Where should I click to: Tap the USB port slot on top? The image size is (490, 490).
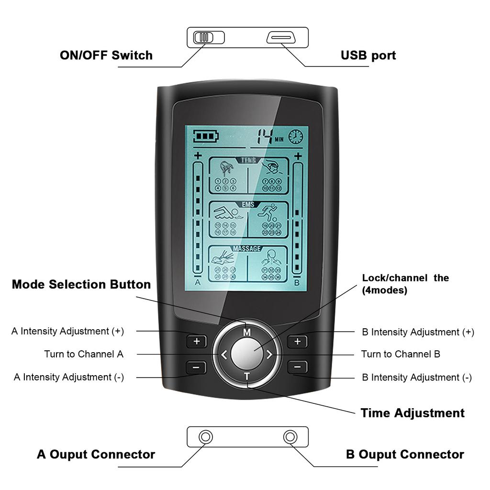[x=282, y=37]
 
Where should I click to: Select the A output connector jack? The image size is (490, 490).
[x=206, y=437]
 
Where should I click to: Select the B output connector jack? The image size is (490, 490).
[x=290, y=437]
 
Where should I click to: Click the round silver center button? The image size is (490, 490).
[x=247, y=354]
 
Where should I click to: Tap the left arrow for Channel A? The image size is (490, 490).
[x=224, y=355]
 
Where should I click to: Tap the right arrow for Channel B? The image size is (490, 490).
[x=269, y=355]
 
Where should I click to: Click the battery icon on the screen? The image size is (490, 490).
[x=205, y=136]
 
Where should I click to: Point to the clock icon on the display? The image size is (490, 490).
[x=295, y=136]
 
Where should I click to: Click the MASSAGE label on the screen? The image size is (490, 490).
[x=247, y=249]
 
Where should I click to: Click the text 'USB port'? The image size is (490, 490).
[x=368, y=56]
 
